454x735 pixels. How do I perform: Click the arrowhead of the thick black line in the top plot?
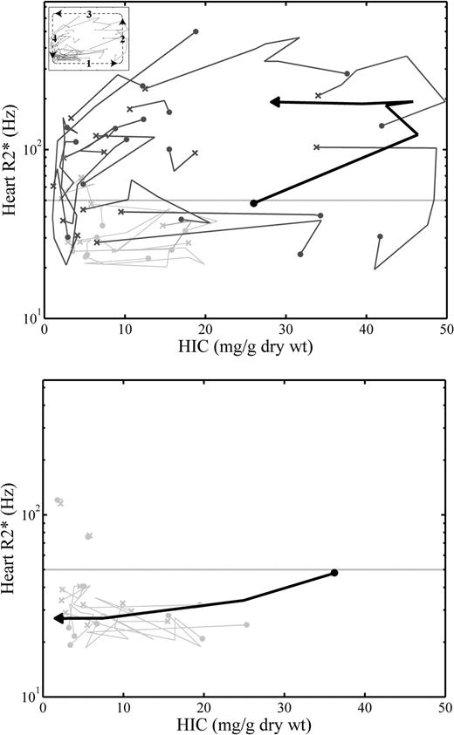[x=275, y=102]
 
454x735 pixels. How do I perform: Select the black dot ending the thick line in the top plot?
[x=253, y=203]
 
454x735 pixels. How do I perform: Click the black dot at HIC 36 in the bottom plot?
[x=334, y=573]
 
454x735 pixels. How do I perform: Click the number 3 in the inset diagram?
[x=88, y=16]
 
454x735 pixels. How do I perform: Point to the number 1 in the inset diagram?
[x=88, y=64]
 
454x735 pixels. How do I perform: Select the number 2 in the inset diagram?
[x=123, y=39]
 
